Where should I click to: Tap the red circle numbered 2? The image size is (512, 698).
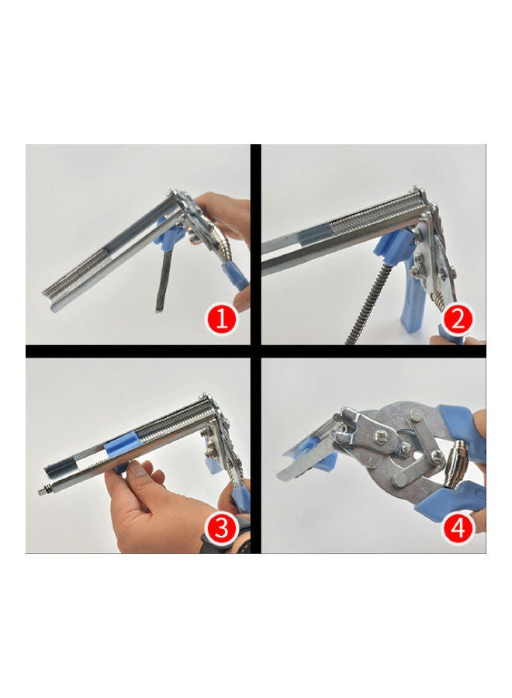click(458, 320)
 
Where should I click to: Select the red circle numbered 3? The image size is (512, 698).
click(222, 528)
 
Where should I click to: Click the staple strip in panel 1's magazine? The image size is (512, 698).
click(77, 271)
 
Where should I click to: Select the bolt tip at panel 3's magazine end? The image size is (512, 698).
click(43, 492)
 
